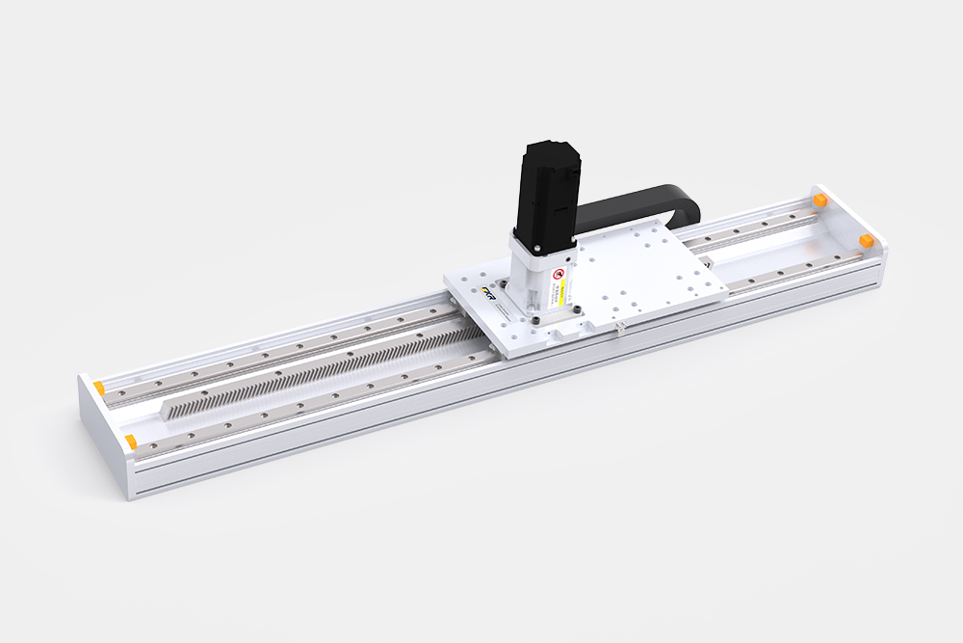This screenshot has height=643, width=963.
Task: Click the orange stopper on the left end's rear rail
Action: pos(98,388)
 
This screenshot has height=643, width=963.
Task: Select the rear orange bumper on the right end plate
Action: pos(820,200)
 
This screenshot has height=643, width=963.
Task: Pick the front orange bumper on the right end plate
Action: pos(865,238)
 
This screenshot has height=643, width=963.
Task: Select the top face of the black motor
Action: pos(550,149)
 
